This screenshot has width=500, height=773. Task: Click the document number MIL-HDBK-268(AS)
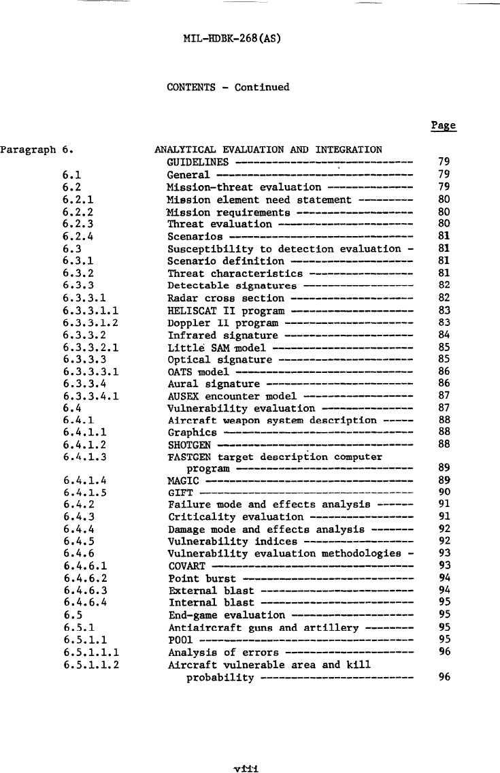tap(232, 38)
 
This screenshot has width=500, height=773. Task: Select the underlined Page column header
tap(443, 126)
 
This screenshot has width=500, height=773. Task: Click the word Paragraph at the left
tap(27, 150)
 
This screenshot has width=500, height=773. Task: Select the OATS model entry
tap(198, 373)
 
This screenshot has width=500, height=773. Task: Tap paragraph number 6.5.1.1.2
tap(90, 665)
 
